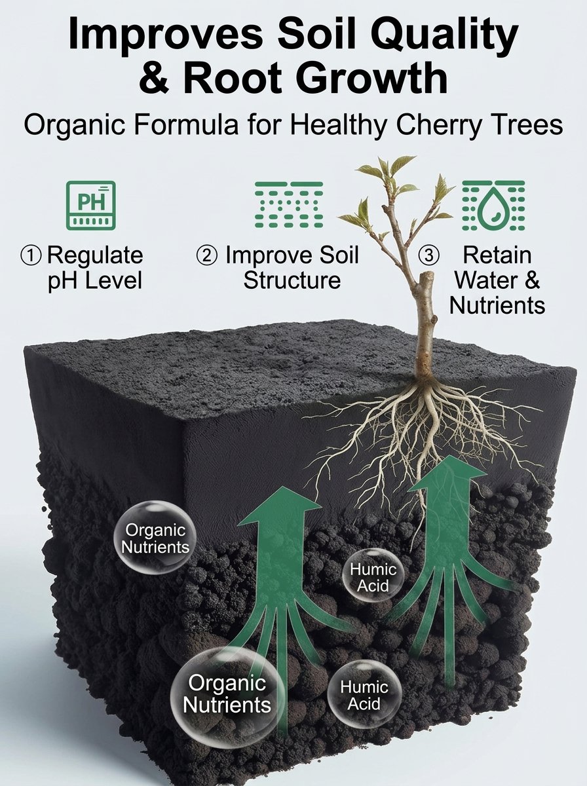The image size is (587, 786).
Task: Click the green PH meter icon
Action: pyautogui.click(x=91, y=205)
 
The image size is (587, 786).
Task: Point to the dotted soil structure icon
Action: pyautogui.click(x=289, y=204)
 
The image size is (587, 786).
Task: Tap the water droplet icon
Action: pyautogui.click(x=493, y=205)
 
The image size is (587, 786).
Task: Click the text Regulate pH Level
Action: pyautogui.click(x=95, y=267)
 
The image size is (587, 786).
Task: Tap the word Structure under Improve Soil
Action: pyautogui.click(x=292, y=280)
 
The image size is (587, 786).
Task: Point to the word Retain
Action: pyautogui.click(x=497, y=255)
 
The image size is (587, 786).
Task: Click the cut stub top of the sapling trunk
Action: pyautogui.click(x=427, y=276)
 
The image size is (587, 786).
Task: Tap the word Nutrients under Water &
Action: pyautogui.click(x=497, y=305)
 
